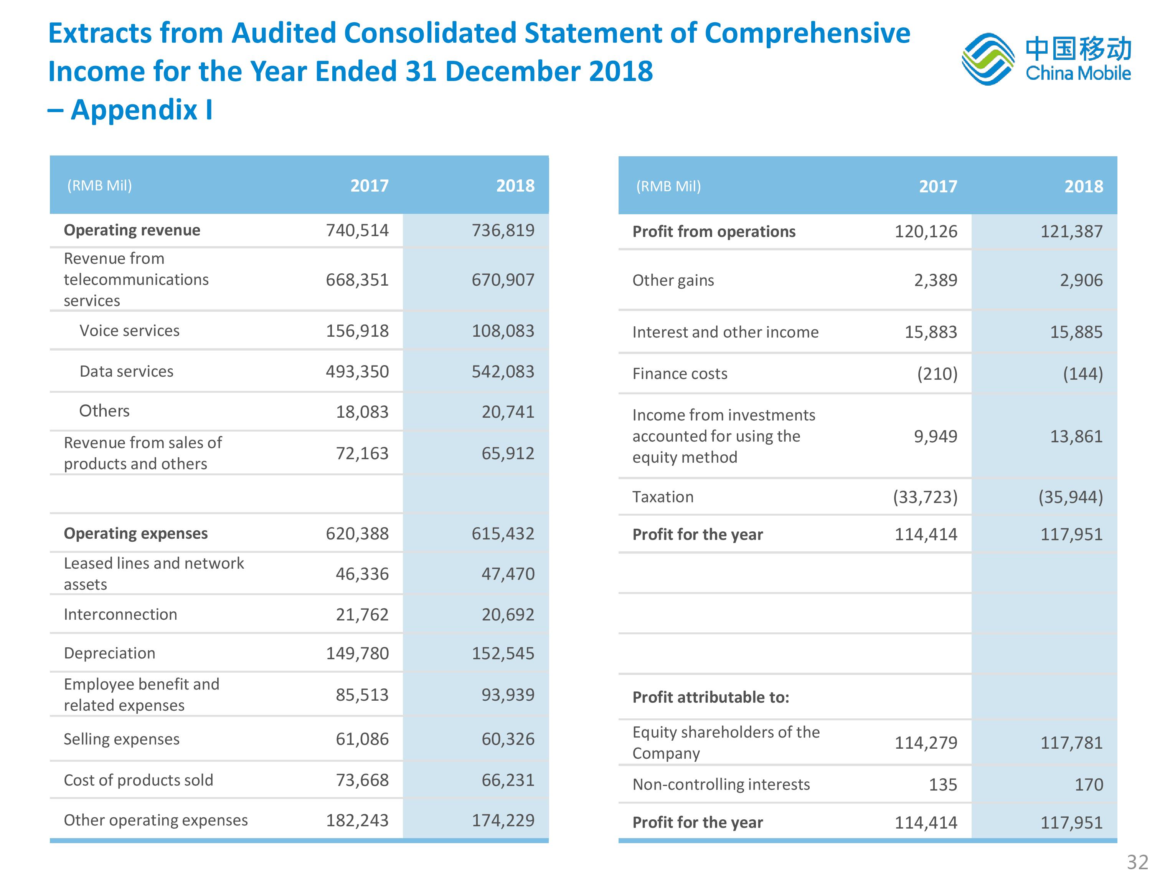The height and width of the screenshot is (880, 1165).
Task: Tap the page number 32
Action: click(x=1138, y=862)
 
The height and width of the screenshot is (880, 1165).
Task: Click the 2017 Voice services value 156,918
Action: click(x=357, y=331)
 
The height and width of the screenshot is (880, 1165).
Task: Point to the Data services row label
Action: click(x=126, y=372)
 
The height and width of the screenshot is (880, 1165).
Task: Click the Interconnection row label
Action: click(x=120, y=614)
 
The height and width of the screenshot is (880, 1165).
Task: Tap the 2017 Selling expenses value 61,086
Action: click(x=362, y=739)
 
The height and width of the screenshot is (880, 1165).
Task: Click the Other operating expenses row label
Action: click(x=156, y=820)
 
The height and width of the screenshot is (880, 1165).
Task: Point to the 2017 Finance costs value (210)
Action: click(x=937, y=374)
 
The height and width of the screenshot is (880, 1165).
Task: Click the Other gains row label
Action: click(x=673, y=280)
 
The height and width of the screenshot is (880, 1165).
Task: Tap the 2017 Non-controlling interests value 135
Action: click(x=943, y=785)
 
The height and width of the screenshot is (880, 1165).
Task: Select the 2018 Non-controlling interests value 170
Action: click(x=1089, y=785)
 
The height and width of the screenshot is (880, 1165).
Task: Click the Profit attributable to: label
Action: click(x=711, y=697)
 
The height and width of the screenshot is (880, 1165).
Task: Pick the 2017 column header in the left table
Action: click(x=370, y=185)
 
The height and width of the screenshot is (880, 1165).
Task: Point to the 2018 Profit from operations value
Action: click(x=1071, y=232)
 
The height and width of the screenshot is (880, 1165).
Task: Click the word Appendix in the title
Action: click(x=134, y=110)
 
